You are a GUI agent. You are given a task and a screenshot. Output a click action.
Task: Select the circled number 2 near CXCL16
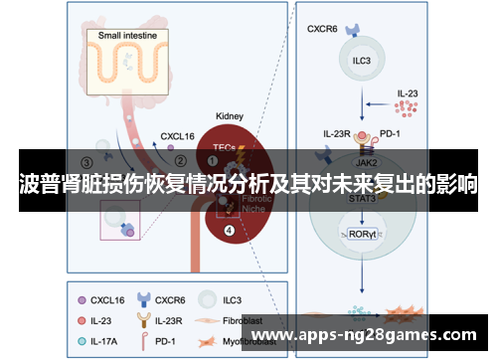[180, 160]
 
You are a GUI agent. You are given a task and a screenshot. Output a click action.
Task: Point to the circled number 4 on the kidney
[230, 231]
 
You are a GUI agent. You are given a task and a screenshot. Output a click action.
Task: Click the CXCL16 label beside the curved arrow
[177, 132]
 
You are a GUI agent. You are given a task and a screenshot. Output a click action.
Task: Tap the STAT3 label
[361, 198]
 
